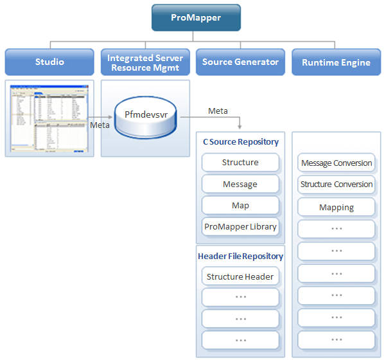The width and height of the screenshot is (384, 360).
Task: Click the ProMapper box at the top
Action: point(196,18)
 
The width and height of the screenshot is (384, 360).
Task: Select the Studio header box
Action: point(49,62)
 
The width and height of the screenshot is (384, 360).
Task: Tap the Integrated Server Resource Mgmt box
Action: point(145,62)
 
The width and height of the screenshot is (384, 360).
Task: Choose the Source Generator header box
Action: point(240,62)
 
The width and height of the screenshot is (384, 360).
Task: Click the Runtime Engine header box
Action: point(336,62)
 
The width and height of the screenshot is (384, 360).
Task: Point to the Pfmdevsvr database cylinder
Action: point(146,118)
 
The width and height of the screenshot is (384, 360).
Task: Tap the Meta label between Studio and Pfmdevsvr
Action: point(100,125)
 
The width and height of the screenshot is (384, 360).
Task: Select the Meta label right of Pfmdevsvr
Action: point(218,111)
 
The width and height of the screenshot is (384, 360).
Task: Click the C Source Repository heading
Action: point(240,141)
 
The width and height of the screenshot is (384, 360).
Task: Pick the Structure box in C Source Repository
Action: point(240,163)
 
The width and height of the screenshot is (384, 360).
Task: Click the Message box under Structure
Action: point(240,184)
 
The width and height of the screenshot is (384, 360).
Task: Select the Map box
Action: point(240,206)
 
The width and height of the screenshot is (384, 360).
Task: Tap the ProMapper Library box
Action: point(240,226)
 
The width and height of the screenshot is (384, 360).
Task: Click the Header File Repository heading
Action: point(240,256)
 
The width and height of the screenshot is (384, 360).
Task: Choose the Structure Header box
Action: point(240,276)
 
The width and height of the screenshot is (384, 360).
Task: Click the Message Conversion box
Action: point(336,163)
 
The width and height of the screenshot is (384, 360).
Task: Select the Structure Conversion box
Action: point(336,184)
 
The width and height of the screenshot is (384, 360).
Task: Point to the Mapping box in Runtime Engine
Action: point(336,208)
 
